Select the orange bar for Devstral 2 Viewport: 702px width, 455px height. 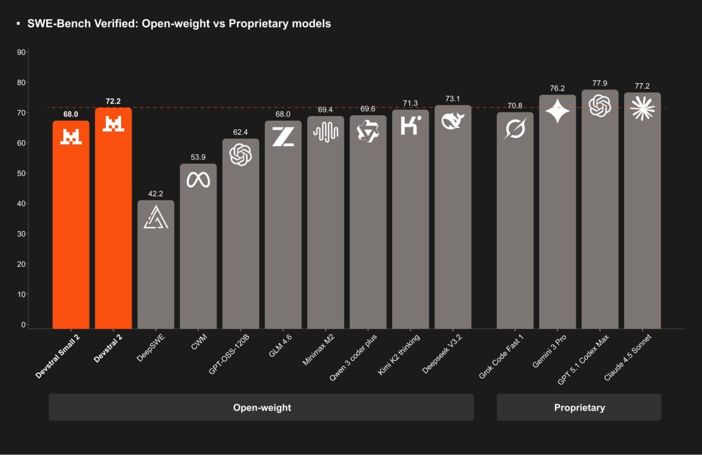(113, 231)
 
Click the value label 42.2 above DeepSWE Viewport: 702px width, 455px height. (156, 194)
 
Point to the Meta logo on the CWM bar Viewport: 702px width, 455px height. (198, 179)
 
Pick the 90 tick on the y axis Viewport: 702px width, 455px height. (22, 52)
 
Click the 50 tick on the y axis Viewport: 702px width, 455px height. (22, 173)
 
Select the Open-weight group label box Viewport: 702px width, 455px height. (261, 407)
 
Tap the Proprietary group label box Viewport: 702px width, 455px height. (579, 407)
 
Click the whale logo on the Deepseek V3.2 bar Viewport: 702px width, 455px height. (453, 121)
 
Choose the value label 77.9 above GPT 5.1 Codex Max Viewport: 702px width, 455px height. (600, 83)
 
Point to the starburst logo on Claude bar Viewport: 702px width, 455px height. (642, 108)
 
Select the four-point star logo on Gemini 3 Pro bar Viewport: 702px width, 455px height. (557, 111)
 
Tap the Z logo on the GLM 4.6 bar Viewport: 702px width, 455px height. (283, 136)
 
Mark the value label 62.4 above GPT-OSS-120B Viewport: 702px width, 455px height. (240, 132)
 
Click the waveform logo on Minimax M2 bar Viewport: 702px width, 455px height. (325, 132)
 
